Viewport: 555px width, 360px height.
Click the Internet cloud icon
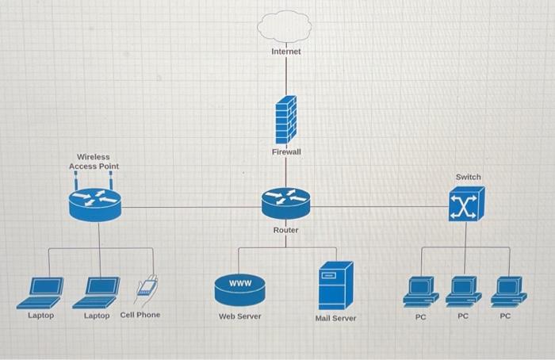click(285, 25)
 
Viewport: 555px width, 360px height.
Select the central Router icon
click(285, 202)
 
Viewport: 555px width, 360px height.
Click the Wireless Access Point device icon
click(94, 203)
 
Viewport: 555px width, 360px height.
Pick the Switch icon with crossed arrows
click(467, 205)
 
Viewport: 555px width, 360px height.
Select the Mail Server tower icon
click(335, 285)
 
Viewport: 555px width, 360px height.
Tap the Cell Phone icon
click(146, 286)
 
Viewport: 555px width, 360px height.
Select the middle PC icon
click(463, 291)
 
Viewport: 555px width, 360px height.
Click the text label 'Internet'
click(285, 52)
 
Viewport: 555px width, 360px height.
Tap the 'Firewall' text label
click(286, 151)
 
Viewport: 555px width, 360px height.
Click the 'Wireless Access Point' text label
click(94, 162)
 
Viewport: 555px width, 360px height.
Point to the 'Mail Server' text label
click(335, 318)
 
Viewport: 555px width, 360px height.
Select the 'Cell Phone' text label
click(140, 315)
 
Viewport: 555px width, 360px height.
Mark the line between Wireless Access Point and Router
click(190, 207)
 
